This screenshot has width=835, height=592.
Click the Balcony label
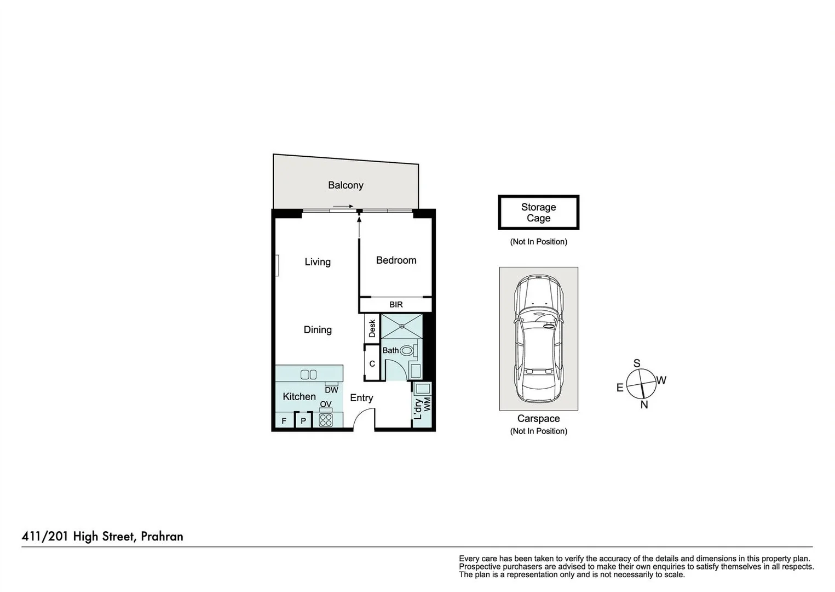coord(345,185)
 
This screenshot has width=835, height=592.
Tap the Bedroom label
coord(396,260)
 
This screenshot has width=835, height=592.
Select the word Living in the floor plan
coord(318,262)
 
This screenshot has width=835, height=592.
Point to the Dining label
coord(318,329)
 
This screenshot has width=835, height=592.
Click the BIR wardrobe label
coord(396,305)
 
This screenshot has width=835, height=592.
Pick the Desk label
coord(372,328)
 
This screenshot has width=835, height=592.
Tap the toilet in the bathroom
coord(407,350)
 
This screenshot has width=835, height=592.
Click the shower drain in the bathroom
coord(401,326)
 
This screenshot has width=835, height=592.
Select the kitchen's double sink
coord(309,374)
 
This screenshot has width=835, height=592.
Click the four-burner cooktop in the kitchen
coord(326,420)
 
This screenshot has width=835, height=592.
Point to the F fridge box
coord(284,421)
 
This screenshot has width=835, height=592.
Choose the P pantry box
coord(303,421)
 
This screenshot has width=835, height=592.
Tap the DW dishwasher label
coord(331,390)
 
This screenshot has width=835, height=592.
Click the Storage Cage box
coord(538,213)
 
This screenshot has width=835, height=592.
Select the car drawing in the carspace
coord(538,339)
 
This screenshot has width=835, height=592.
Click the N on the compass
coord(644,405)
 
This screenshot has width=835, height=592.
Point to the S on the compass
coord(637,363)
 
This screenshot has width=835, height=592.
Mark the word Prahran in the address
coord(162,536)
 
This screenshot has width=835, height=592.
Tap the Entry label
coord(361,398)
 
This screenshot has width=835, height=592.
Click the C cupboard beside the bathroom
coord(372,363)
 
